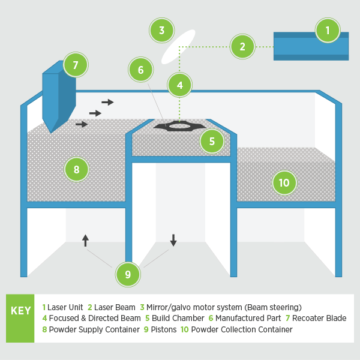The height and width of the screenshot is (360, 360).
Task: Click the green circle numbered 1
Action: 327,30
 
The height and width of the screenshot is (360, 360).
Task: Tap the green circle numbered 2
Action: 242,46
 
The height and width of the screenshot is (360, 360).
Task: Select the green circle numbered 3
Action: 161,30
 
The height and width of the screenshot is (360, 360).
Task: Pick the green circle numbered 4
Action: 179,85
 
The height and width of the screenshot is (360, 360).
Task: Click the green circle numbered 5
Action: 212,142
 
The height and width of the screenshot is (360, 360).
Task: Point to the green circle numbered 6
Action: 140,70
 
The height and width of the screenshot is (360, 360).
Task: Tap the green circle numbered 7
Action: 76,65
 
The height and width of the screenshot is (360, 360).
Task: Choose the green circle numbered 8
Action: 76,170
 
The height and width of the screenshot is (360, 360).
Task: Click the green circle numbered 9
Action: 128,275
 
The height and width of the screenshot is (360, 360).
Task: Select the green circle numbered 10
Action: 284,182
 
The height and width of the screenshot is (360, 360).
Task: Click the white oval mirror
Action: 178,46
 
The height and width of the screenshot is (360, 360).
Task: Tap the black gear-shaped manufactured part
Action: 179,126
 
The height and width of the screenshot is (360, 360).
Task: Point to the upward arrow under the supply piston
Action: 85,241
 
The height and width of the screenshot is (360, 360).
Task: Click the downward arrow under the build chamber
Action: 173,240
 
